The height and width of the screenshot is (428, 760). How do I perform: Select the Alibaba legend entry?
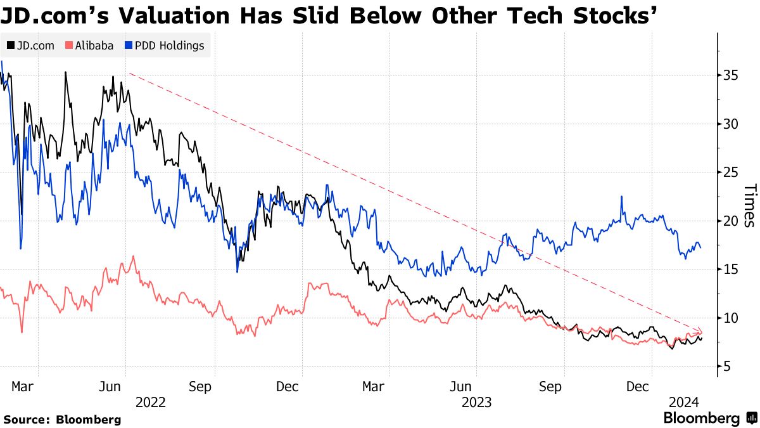click(x=89, y=46)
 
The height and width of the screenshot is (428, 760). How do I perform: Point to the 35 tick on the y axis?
click(x=730, y=75)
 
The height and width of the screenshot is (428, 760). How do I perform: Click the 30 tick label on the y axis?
click(x=730, y=124)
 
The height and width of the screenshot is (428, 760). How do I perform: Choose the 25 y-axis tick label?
click(x=730, y=172)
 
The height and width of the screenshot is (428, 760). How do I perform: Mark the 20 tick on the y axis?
click(x=730, y=221)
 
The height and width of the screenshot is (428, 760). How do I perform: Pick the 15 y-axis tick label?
click(x=730, y=269)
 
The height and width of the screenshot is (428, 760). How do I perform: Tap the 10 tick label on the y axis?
click(x=730, y=318)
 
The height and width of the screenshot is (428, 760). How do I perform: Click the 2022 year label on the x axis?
click(x=150, y=402)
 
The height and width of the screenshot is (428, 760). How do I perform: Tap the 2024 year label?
click(x=684, y=402)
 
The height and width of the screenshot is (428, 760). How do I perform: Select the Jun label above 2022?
click(x=111, y=387)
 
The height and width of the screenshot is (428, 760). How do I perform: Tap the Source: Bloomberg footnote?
click(x=62, y=419)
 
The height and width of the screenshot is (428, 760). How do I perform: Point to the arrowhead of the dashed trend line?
click(x=700, y=331)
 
